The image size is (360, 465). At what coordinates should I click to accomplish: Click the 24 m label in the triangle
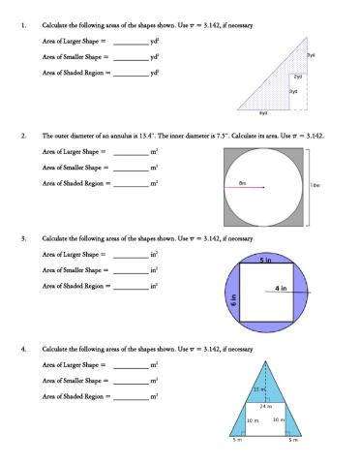(265, 406)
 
